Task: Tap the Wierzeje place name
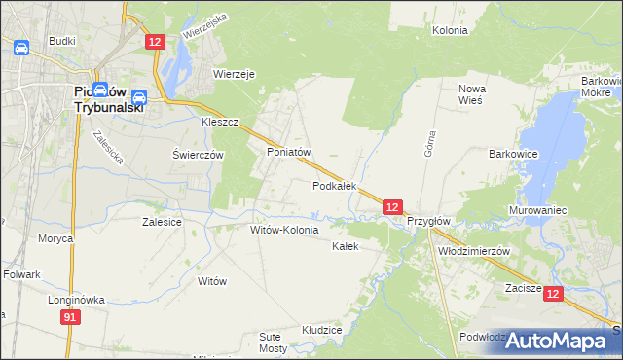click(234, 73)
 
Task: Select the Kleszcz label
click(220, 125)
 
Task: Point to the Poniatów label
click(288, 153)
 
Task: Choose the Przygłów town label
click(428, 221)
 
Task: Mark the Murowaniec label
click(538, 210)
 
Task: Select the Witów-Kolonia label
click(284, 231)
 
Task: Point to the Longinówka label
click(76, 300)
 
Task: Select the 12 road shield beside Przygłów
click(391, 207)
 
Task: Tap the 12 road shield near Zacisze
click(553, 293)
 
